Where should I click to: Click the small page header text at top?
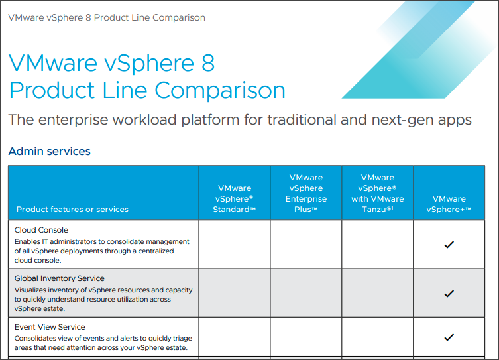point(107,17)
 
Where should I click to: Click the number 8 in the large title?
point(205,64)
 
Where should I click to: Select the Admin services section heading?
point(49,151)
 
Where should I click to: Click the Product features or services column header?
point(72,210)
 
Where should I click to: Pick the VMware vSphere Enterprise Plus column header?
point(305,194)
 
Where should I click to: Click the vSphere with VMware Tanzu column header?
point(377,194)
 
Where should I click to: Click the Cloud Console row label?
point(41,230)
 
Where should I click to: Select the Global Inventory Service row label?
point(60,278)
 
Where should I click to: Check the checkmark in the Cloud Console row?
point(449,245)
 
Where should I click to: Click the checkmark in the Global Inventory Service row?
point(449,293)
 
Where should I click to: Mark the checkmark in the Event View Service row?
point(449,337)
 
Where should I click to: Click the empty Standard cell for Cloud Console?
point(234,245)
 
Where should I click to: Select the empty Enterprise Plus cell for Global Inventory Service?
point(305,293)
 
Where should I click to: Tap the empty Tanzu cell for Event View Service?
point(377,337)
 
